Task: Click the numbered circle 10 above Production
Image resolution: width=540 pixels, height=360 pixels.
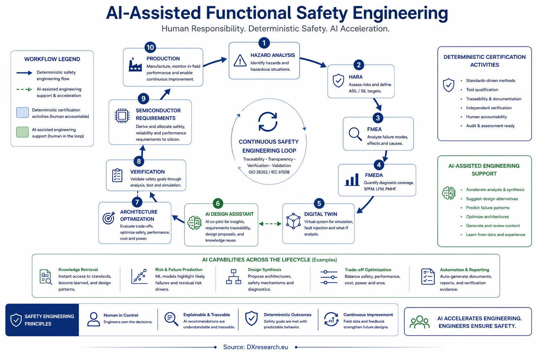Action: pyautogui.click(x=150, y=47)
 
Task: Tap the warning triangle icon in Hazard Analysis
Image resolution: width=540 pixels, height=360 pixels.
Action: pyautogui.click(x=240, y=60)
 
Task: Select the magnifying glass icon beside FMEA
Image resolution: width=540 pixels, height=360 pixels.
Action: pyautogui.click(x=355, y=134)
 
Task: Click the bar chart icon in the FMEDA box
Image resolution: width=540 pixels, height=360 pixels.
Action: pyautogui.click(x=352, y=179)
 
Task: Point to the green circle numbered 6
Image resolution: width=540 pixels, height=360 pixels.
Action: pyautogui.click(x=218, y=203)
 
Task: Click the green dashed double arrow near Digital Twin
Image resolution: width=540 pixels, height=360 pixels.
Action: pyautogui.click(x=270, y=224)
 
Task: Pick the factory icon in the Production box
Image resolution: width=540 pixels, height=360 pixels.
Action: pyautogui.click(x=135, y=65)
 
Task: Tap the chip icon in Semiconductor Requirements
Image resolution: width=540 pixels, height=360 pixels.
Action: pyautogui.click(x=122, y=116)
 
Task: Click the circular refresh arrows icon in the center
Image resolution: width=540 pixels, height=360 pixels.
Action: pyautogui.click(x=268, y=122)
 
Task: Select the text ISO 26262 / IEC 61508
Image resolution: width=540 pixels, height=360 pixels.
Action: pyautogui.click(x=269, y=172)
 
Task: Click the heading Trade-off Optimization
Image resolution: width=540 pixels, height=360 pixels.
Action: pyautogui.click(x=368, y=270)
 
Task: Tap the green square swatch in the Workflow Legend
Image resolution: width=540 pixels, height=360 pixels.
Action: pyautogui.click(x=22, y=132)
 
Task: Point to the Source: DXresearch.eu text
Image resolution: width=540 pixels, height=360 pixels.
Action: pyautogui.click(x=256, y=347)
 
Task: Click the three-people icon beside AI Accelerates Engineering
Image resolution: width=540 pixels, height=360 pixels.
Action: pyautogui.click(x=420, y=322)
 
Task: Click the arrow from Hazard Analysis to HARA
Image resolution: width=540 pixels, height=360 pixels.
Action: pyautogui.click(x=313, y=62)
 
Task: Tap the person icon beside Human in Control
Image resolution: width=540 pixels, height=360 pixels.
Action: pyautogui.click(x=94, y=320)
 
